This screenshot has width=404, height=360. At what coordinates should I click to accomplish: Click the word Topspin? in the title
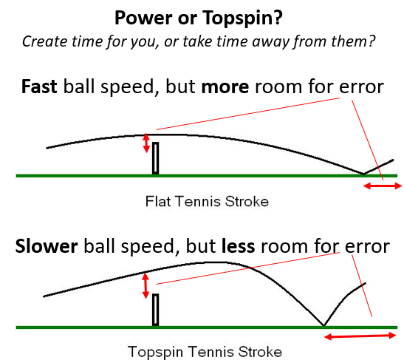tap(242, 18)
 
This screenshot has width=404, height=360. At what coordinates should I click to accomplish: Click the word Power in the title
tap(143, 18)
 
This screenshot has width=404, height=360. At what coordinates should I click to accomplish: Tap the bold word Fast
tap(39, 86)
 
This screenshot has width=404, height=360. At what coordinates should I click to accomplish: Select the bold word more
tap(225, 87)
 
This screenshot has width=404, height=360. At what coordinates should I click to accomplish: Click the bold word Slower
tap(47, 246)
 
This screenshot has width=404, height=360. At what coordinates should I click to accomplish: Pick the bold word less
tap(239, 246)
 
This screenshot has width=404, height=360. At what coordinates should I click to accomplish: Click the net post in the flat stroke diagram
tap(155, 158)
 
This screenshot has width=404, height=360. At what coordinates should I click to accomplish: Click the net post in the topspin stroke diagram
tap(155, 310)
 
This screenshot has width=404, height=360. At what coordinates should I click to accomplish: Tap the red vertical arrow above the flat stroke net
tap(146, 143)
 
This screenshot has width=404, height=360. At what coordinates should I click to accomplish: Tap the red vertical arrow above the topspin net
tap(145, 286)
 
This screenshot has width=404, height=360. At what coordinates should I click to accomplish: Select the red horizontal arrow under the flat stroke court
tap(383, 186)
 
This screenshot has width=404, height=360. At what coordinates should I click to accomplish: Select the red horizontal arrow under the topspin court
tap(360, 336)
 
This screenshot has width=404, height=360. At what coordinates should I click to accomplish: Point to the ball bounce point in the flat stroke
tap(363, 174)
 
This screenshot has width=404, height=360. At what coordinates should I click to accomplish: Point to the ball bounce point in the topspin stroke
tap(323, 325)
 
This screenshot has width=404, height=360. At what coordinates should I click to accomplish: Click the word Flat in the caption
tap(157, 201)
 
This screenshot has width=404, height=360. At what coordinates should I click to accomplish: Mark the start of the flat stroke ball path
tap(47, 148)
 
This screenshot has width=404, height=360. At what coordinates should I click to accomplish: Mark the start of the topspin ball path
tap(44, 296)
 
